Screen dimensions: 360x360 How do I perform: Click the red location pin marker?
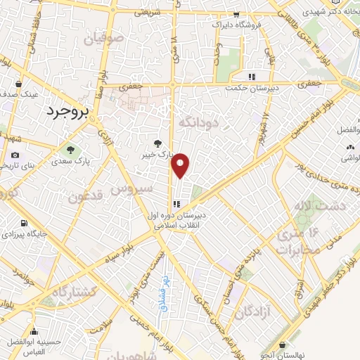(181, 165)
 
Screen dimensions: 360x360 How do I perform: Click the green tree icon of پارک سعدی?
(70, 149)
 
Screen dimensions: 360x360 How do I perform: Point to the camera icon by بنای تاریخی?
(15, 155)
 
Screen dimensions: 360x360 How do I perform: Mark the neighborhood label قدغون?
(86, 195)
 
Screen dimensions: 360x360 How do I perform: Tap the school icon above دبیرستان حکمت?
(250, 77)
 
